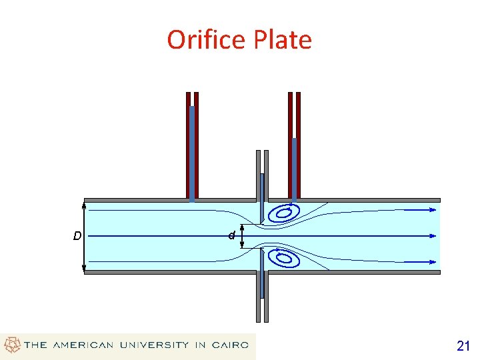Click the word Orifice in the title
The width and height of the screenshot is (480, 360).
click(207, 40)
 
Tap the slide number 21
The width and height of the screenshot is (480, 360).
click(463, 345)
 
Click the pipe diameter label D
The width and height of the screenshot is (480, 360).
click(77, 235)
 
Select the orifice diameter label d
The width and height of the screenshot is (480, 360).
click(231, 235)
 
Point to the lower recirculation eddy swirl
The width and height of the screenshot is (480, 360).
click(283, 257)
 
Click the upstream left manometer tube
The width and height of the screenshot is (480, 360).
click(192, 147)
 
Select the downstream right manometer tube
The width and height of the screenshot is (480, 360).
click(294, 147)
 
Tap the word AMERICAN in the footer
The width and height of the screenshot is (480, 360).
click(83, 345)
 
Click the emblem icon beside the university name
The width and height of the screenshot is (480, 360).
click(12, 345)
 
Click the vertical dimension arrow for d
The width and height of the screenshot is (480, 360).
click(241, 235)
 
